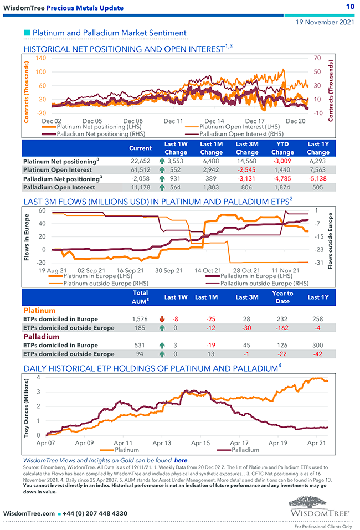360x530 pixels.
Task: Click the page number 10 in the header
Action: [x=350, y=7]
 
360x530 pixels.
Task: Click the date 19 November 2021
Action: [x=325, y=23]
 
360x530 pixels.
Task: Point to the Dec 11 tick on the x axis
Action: [x=173, y=120]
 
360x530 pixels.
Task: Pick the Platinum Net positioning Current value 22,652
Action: [x=140, y=161]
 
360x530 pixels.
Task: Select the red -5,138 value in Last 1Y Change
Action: [x=318, y=179]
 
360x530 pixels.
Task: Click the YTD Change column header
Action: [x=282, y=148]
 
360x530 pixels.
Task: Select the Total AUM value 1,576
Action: [x=140, y=319]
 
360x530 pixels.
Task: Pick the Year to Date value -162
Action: [x=282, y=328]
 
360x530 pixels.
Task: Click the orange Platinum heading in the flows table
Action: [x=39, y=310]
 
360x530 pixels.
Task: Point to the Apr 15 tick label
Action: [x=200, y=443]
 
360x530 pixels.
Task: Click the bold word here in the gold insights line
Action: [x=181, y=460]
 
